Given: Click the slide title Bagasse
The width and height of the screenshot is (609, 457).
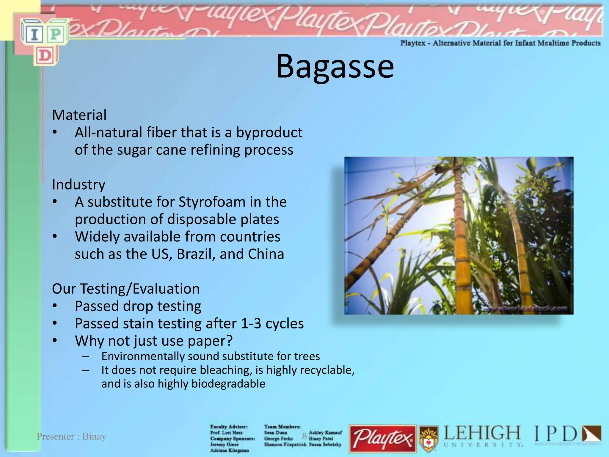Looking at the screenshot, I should point(335,67).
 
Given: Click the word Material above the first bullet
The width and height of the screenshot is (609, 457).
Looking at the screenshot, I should point(79,115).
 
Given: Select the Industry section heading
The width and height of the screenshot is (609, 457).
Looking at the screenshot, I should point(79,185).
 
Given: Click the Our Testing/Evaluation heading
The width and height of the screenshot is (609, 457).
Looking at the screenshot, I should point(126,289).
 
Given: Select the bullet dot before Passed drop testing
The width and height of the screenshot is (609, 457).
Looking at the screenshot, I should point(54,306).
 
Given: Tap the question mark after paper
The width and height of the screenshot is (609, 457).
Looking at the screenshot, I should point(229,341).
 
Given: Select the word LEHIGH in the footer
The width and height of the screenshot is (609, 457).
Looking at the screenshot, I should point(482,433).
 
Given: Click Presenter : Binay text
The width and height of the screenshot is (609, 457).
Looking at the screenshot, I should point(71,436).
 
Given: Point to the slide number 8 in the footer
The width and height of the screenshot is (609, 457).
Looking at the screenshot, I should point(304,436).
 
